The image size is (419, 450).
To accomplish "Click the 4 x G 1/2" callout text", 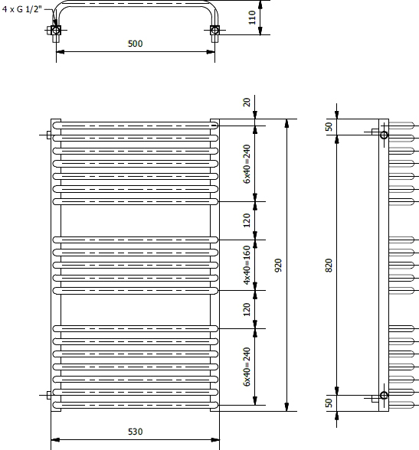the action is pos(21,9).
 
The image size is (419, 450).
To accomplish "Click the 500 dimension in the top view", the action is pos(135,44).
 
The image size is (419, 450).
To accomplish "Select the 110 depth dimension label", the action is pos(252,18).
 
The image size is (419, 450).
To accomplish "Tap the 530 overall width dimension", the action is pos(135,432).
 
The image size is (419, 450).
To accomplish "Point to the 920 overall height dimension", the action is pos(278,265).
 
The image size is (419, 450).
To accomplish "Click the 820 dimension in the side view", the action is pos(329,265).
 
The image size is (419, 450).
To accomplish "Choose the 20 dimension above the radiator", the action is pos(247,103).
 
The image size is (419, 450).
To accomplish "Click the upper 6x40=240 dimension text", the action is pos(247,164).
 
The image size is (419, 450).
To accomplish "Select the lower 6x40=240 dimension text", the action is pos(247,367).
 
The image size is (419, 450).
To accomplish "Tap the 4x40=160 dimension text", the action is pos(247,265).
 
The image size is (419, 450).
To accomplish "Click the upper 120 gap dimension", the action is pos(247,220).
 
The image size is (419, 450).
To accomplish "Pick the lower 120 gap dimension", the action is pos(247,309).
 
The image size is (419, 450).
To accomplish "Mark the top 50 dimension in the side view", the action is pos(329,126).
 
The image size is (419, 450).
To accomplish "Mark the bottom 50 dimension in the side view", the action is pos(329,403).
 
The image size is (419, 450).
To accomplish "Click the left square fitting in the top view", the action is pos(56,30).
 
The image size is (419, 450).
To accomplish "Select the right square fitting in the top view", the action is pos(214,30).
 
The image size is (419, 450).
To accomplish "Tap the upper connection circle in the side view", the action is pos(384,135).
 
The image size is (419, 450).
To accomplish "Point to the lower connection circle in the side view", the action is pos(384,395).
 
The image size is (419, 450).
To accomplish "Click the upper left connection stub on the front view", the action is pos(49,135).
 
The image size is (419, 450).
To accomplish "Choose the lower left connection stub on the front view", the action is pos(49,395).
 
